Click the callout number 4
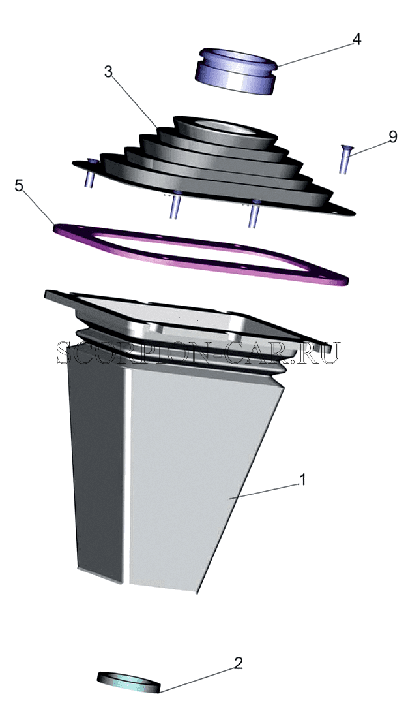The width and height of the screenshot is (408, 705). [356, 40]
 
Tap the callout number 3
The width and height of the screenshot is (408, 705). [108, 72]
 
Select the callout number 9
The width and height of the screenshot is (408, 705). [393, 136]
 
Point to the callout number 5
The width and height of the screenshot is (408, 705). [19, 185]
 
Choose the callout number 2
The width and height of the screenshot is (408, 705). [239, 663]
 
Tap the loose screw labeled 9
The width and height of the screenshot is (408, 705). [345, 159]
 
